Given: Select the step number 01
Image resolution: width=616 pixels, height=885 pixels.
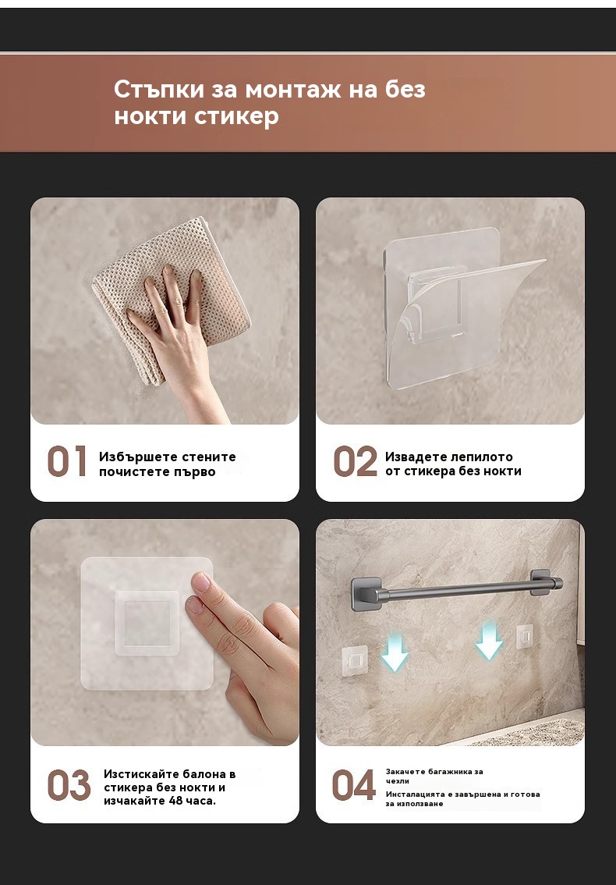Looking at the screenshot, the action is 67,462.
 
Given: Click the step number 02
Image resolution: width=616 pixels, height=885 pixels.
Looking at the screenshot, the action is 356,462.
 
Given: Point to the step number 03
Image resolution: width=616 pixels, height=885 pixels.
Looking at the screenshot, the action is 69,785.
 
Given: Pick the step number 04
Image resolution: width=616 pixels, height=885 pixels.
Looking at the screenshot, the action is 354,785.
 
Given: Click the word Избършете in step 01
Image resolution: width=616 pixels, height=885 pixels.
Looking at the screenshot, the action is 130,457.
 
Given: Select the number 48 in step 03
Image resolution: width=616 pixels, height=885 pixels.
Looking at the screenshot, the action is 177,801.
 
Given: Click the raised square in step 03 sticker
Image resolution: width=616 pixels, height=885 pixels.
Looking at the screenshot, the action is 148,623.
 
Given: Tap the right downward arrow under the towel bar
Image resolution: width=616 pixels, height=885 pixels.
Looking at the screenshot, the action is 489,642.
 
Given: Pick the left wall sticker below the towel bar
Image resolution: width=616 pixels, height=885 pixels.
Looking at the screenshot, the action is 355,659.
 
